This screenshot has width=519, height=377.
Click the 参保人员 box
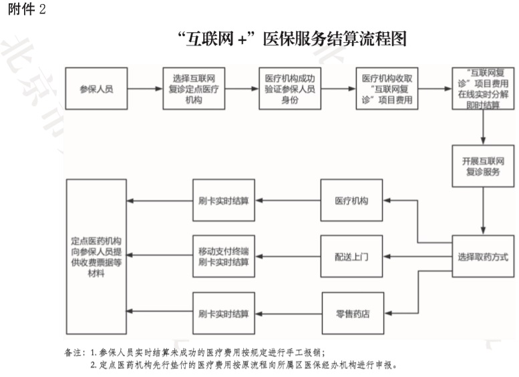click(96, 88)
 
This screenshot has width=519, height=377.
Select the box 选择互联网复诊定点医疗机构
click(192, 88)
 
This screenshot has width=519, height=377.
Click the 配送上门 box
click(352, 256)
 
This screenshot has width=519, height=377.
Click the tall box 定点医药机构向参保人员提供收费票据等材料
click(96, 256)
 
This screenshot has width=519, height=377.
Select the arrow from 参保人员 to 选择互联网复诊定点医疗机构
click(145, 88)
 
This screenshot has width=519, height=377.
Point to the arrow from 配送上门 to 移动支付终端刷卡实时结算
click(289, 256)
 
